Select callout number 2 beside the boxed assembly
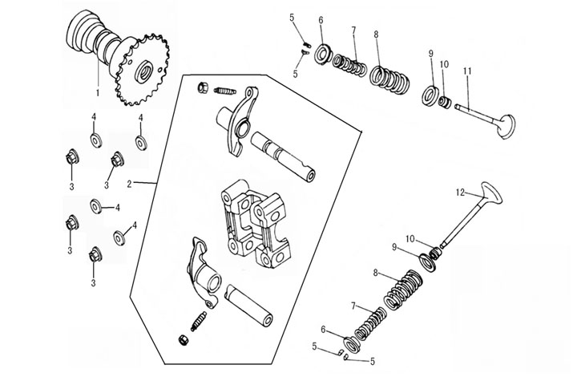pos(131,184)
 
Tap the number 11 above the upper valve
pos(467,71)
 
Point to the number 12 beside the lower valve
pos(460,192)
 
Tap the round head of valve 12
pos(489,193)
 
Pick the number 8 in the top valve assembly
pos(376,34)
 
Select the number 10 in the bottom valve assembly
pos(410,239)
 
